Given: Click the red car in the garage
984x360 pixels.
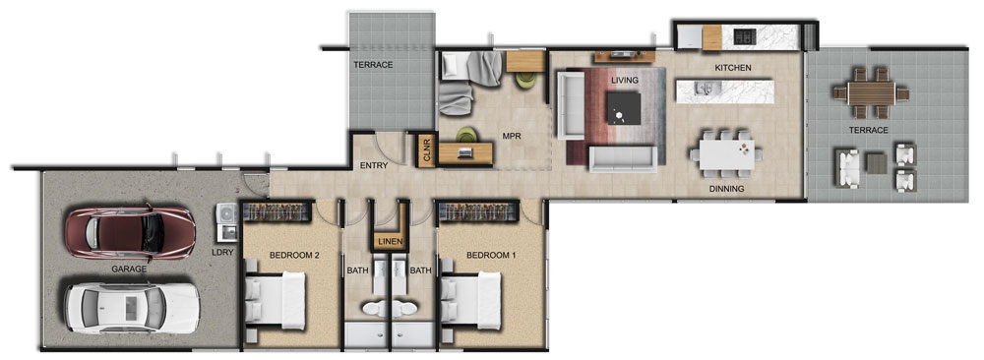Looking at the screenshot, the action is pyautogui.click(x=131, y=232).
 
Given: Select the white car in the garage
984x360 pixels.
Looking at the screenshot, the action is pyautogui.click(x=133, y=307).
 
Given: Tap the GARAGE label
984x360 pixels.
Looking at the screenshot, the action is pyautogui.click(x=129, y=270).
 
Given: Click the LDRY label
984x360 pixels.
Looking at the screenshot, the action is pyautogui.click(x=222, y=253).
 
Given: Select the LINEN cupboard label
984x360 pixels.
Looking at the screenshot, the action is pyautogui.click(x=390, y=241).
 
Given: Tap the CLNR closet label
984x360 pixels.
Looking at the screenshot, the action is pyautogui.click(x=427, y=150).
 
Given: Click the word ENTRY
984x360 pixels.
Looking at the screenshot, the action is pyautogui.click(x=373, y=166).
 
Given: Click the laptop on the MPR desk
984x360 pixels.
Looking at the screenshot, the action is pyautogui.click(x=465, y=152).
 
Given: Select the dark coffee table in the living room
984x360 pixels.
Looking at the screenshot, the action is pyautogui.click(x=624, y=108).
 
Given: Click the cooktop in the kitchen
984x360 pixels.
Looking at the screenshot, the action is pyautogui.click(x=744, y=36).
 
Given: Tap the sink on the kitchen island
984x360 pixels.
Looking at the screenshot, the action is pyautogui.click(x=705, y=90).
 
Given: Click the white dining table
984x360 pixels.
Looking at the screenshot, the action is pyautogui.click(x=727, y=154).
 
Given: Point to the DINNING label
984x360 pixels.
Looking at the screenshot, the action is pyautogui.click(x=727, y=189).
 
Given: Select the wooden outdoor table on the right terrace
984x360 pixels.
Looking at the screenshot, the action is pyautogui.click(x=871, y=93).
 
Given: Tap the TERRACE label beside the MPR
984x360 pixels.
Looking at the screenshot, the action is pyautogui.click(x=373, y=65).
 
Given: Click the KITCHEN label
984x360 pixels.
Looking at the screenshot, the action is pyautogui.click(x=733, y=68).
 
